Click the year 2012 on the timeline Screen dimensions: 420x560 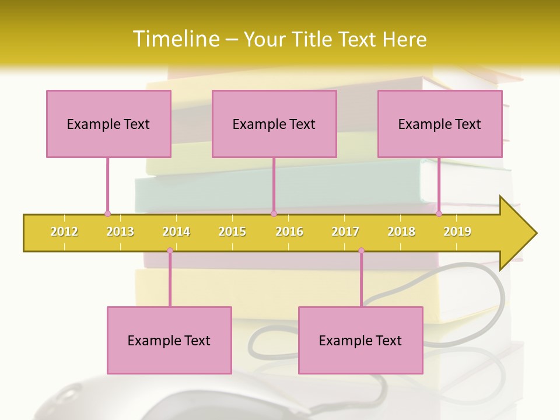point(64,232)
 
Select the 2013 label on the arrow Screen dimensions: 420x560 point(120,232)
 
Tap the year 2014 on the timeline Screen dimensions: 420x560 point(176,232)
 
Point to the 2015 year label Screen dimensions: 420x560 point(232,232)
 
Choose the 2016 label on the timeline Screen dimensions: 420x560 point(289,232)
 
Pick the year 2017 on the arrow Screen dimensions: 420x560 point(345,232)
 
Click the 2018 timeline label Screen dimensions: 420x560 point(401,232)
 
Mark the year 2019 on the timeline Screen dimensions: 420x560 point(457,232)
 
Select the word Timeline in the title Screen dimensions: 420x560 point(175,39)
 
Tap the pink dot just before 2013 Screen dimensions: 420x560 point(107,213)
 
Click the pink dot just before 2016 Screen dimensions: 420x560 point(274,213)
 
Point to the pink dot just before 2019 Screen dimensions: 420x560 point(439,213)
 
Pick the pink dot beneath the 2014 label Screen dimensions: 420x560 point(170,251)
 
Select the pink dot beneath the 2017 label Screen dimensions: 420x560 point(361,251)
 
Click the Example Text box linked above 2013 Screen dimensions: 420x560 point(108,124)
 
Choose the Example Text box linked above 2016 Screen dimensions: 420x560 point(274,124)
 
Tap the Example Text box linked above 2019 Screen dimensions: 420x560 point(440,124)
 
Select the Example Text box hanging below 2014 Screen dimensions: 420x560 point(169,340)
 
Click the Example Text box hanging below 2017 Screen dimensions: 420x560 point(360,340)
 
